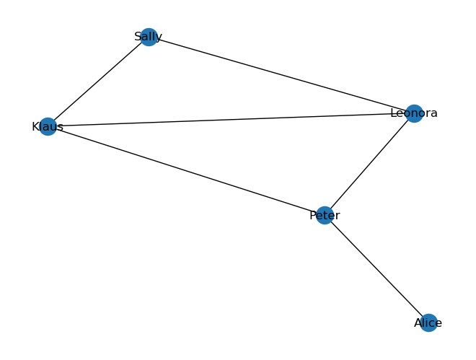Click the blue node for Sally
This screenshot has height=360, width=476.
point(149,37)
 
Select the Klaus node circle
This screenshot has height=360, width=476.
point(48,126)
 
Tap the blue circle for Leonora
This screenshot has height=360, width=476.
point(414,113)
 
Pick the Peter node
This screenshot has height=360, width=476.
point(325,216)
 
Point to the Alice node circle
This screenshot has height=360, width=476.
point(428,323)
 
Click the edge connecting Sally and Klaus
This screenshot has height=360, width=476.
point(98,82)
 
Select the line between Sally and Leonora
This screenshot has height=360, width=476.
point(281,75)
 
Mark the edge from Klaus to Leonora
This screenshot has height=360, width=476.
point(231,120)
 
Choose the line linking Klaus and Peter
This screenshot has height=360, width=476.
point(186,171)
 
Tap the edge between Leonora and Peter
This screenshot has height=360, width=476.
point(369,164)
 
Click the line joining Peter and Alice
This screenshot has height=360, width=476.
point(376,269)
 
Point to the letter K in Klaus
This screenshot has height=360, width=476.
point(35,126)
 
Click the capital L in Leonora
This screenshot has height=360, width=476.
point(394,113)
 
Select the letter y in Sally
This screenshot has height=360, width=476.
point(159,38)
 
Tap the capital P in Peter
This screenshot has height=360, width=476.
point(313,215)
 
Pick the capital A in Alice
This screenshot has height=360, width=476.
point(418,323)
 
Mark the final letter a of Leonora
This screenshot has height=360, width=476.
point(433,114)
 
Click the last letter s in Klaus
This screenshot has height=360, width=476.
point(61,128)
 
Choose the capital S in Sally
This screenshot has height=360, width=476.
point(138,37)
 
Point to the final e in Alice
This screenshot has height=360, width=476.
point(438,324)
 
